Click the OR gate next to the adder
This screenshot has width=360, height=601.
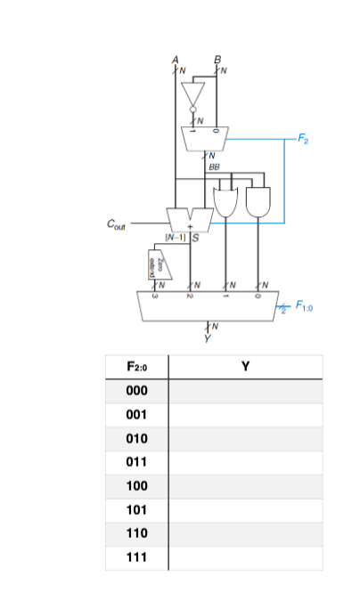pyautogui.click(x=225, y=201)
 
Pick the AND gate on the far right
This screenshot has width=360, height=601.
pyautogui.click(x=259, y=201)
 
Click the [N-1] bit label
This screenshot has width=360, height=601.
pyautogui.click(x=173, y=238)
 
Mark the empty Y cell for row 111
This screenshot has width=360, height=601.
pyautogui.click(x=244, y=558)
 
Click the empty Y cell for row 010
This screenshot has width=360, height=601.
pyautogui.click(x=244, y=439)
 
